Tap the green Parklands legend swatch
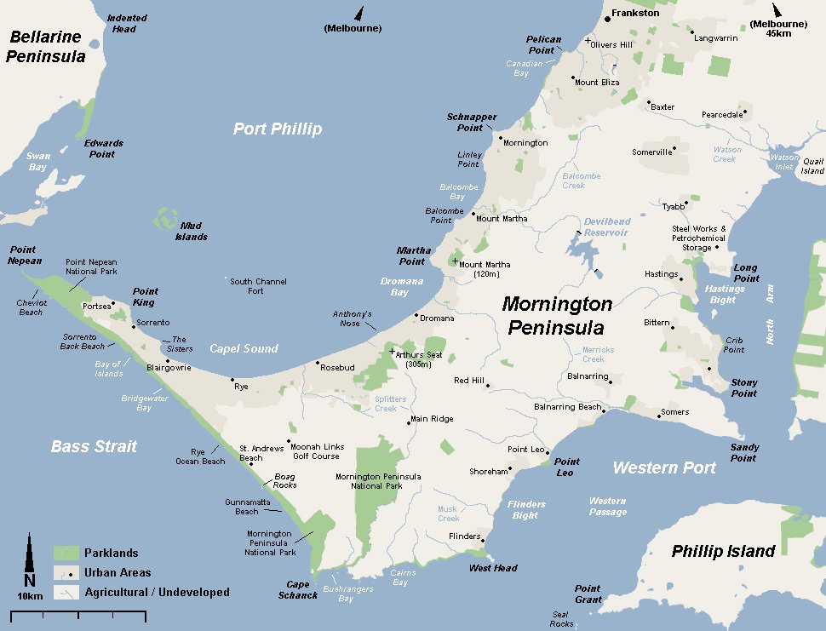tap(66, 553)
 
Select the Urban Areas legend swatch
tap(66, 572)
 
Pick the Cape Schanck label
tap(297, 590)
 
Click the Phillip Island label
tap(723, 551)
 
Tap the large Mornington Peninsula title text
tap(557, 315)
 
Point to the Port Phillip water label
tap(278, 129)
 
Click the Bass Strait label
tap(94, 446)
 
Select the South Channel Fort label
tap(258, 286)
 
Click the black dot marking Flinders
tap(483, 539)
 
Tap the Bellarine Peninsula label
tap(46, 47)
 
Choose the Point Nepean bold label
tap(25, 255)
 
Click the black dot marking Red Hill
tap(488, 385)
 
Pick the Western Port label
tap(664, 468)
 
